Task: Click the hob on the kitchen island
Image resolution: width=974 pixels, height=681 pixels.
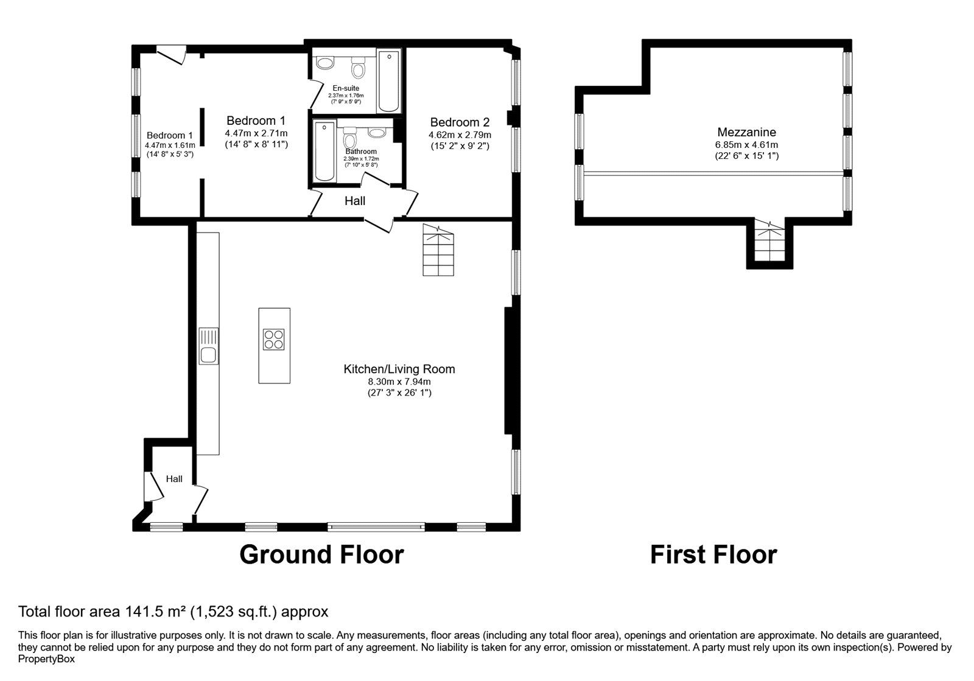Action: pyautogui.click(x=273, y=340)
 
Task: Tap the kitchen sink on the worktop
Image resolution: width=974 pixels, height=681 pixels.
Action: pyautogui.click(x=209, y=346)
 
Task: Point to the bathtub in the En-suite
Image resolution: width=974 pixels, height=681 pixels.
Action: pyautogui.click(x=389, y=81)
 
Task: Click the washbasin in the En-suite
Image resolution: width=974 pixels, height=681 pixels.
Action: pyautogui.click(x=325, y=63)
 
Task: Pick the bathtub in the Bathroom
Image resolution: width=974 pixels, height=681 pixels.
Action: pyautogui.click(x=324, y=152)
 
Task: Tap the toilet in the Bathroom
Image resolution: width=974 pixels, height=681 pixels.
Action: pyautogui.click(x=349, y=138)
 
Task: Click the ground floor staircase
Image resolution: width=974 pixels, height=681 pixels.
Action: pyautogui.click(x=438, y=250)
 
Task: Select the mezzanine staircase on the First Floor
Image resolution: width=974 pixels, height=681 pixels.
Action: pyautogui.click(x=769, y=240)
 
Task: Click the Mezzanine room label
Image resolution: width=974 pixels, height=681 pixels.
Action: pyautogui.click(x=746, y=132)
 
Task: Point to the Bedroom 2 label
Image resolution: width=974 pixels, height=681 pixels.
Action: pyautogui.click(x=460, y=122)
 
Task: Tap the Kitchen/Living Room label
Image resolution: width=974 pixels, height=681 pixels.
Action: pyautogui.click(x=399, y=369)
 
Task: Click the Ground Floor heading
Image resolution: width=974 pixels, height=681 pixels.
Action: pyautogui.click(x=322, y=555)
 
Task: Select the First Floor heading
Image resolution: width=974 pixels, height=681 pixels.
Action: pyautogui.click(x=713, y=555)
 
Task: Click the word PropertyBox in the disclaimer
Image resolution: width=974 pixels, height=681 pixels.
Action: pyautogui.click(x=46, y=659)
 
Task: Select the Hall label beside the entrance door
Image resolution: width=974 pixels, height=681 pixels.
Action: pyautogui.click(x=174, y=479)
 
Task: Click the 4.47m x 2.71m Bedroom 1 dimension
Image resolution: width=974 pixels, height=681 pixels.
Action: pyautogui.click(x=256, y=133)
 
